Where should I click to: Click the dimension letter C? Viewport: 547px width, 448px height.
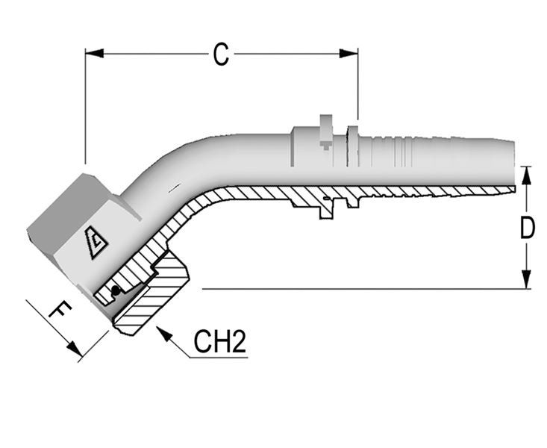point(220,55)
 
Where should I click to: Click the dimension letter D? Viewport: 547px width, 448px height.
point(528,228)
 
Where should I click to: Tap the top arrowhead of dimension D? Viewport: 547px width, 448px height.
point(527,174)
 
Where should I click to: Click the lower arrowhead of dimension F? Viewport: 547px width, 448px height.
point(74,350)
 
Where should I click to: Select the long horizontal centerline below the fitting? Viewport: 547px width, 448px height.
point(358,288)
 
